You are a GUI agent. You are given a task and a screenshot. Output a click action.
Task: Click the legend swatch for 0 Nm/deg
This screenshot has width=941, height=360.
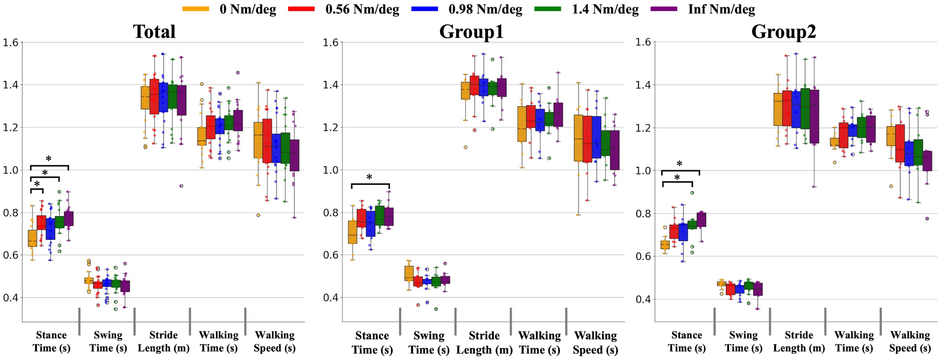coord(196,9)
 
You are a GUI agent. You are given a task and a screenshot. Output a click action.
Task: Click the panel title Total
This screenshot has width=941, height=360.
coord(154,32)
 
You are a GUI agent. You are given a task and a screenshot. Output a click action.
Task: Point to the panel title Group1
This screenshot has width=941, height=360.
coord(471,32)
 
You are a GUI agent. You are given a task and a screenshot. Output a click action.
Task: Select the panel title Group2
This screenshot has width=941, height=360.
coord(783,32)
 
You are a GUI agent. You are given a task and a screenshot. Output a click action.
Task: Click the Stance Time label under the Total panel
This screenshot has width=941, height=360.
coord(51,341)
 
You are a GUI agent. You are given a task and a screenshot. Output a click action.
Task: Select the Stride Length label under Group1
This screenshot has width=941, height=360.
coord(484,342)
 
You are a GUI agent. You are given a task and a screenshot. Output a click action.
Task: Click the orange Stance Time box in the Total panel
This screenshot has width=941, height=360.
coord(32,238)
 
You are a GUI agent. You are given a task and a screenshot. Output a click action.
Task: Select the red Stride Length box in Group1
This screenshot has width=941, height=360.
coord(474,85)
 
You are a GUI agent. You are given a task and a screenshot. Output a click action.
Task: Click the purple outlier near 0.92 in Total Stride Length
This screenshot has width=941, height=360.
coord(181,186)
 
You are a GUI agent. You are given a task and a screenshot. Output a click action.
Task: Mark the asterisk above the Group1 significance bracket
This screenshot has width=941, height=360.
coord(369,178)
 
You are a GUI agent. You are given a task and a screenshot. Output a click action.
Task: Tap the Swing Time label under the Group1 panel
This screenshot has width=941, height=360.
coord(429,342)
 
